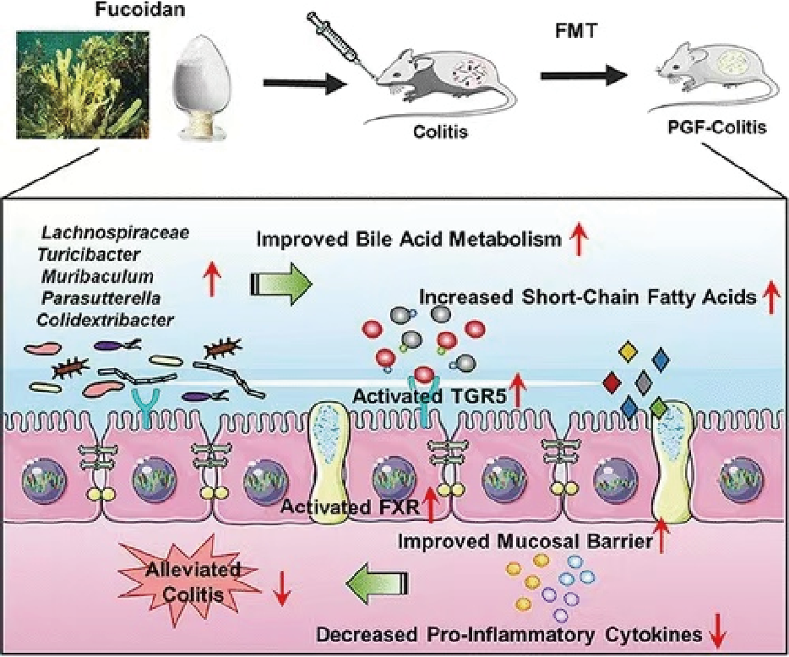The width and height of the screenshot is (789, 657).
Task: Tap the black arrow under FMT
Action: (584, 75)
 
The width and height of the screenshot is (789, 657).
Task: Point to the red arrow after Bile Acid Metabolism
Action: (580, 242)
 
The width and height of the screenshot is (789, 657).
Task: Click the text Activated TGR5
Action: (428, 395)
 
